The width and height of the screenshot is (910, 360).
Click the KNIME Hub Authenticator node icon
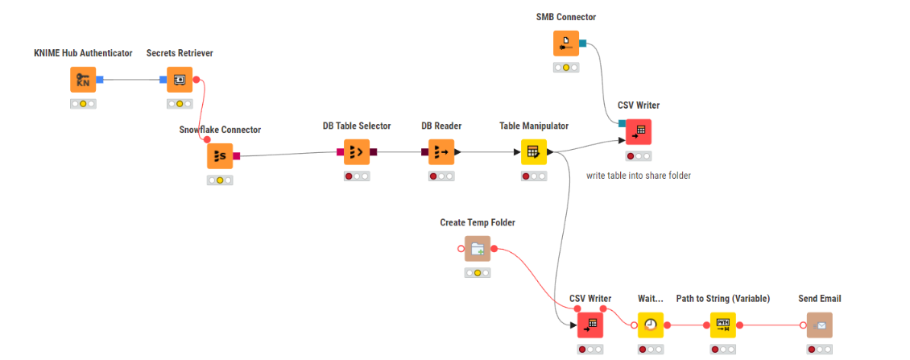click(83, 80)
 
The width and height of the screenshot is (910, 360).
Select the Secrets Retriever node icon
click(180, 80)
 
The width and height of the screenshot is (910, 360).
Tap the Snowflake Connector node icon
click(220, 156)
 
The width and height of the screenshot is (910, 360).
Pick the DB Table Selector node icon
click(357, 151)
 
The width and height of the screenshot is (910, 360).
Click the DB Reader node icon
click(441, 151)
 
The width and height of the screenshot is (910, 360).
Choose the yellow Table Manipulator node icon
click(533, 151)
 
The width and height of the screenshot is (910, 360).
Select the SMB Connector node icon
click(566, 43)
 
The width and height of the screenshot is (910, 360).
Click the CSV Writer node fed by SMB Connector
click(639, 131)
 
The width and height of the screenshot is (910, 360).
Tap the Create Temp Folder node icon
click(478, 249)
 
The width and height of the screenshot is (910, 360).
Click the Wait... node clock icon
click(651, 325)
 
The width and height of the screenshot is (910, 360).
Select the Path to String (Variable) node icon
click(723, 325)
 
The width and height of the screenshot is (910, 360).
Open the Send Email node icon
click(820, 325)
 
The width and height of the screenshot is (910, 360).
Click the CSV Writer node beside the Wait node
click(590, 325)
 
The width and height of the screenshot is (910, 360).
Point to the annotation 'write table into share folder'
click(639, 175)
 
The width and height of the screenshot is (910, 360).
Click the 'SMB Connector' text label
click(566, 17)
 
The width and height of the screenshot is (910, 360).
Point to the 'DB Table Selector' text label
click(357, 126)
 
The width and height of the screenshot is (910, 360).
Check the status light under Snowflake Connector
click(220, 180)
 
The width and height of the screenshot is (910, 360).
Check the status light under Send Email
click(820, 350)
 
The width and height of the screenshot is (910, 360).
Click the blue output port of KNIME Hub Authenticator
click(100, 80)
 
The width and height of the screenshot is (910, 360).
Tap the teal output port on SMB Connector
click(582, 43)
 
